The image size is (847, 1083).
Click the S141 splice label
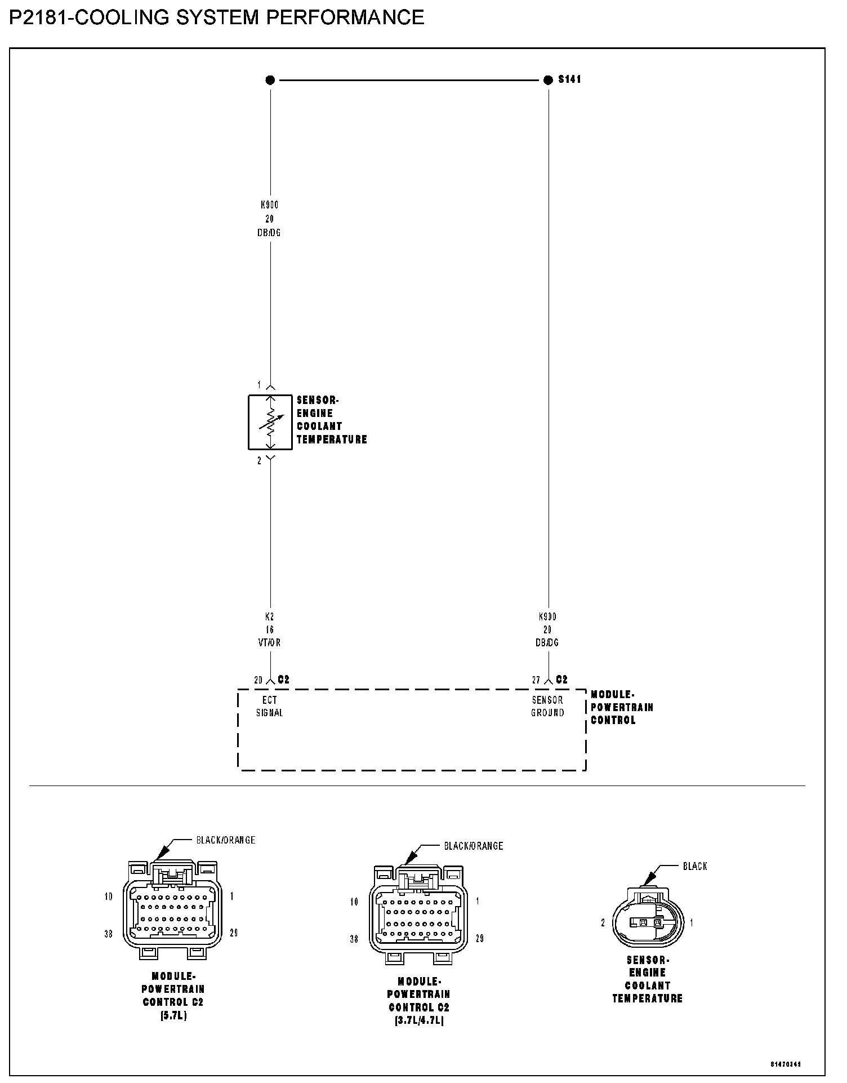[569, 79]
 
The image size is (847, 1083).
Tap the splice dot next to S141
[548, 80]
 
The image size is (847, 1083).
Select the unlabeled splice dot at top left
[270, 80]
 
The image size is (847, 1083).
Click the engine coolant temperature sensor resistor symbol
[270, 422]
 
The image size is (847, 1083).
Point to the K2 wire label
[270, 616]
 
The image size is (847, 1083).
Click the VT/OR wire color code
[270, 642]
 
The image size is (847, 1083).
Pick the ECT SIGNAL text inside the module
[270, 706]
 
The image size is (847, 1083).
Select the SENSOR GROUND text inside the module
[547, 706]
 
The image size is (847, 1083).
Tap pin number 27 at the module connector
[536, 680]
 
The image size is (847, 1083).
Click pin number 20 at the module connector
[258, 680]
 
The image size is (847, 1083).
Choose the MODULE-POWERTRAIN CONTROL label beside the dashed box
[622, 707]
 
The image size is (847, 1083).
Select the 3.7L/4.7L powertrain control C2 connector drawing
[418, 915]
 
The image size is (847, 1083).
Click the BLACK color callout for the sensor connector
[695, 866]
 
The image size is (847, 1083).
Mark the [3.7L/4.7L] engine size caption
[419, 1020]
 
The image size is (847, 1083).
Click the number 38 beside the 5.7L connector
[109, 934]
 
